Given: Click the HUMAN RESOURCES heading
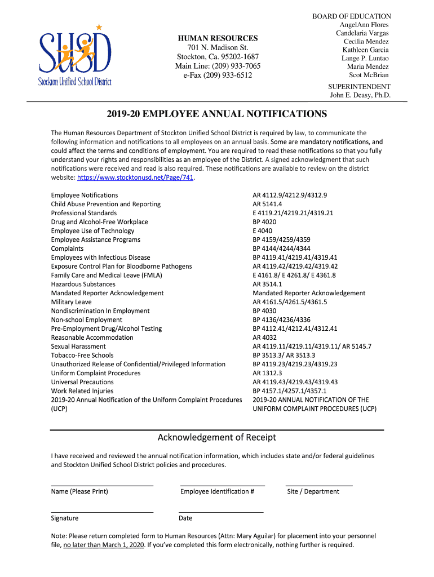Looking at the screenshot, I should pos(218,38).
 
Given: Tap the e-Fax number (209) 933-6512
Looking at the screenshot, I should pos(218,75).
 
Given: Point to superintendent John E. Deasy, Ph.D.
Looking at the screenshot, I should pos(360,95).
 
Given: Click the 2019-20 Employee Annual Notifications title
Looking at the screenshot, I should pos(217,114).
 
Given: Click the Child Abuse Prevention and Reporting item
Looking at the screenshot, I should pos(105,204).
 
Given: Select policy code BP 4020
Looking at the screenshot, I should pos(264,222).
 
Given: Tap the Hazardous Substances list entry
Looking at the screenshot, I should pos(83,284).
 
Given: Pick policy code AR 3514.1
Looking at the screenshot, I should pos(267,284).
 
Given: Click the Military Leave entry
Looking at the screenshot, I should pos(71,302).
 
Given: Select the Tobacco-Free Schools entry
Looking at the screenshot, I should pos(82,355).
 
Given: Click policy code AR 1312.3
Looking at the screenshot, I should pos(267,373).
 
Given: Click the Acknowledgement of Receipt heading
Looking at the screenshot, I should pos(216,437).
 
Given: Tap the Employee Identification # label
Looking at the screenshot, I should pos(217,491).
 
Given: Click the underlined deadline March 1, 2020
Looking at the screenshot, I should pos(104,545).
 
